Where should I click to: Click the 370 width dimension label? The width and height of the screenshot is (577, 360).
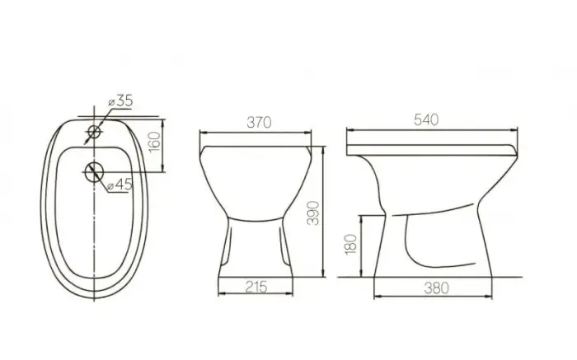click(260, 122)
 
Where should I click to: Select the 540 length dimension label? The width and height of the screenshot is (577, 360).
click(427, 119)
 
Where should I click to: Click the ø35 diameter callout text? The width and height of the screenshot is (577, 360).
click(120, 101)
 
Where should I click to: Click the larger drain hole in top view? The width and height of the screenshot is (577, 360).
click(95, 171)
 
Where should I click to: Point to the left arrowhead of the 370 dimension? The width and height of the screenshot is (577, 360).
click(204, 132)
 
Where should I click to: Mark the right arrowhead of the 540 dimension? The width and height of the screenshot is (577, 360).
click(516, 130)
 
